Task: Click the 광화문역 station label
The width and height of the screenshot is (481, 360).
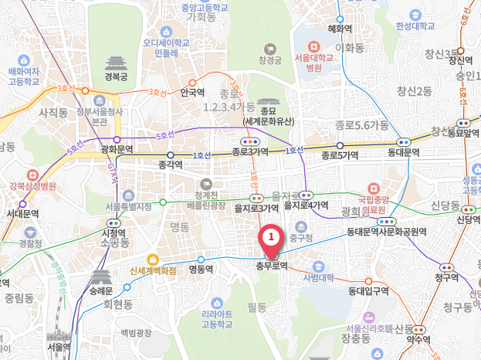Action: [117, 149]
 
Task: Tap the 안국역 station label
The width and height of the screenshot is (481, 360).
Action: [191, 92]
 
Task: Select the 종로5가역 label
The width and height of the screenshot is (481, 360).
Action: [340, 155]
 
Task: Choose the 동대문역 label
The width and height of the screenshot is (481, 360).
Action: [403, 154]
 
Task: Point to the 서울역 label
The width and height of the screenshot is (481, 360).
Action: [59, 347]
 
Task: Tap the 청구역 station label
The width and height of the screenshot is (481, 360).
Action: [445, 277]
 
